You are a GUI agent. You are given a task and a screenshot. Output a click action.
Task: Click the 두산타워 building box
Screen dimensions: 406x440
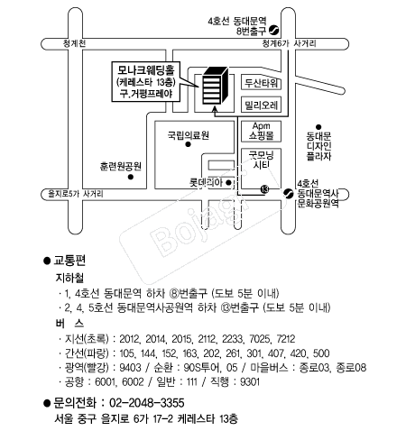tap(261, 82)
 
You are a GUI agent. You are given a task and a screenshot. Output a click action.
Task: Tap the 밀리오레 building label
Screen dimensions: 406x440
tap(261, 105)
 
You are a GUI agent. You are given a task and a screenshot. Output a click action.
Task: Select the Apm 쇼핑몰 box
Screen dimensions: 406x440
tap(261, 131)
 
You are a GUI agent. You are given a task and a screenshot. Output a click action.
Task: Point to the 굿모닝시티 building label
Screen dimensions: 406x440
tap(261, 160)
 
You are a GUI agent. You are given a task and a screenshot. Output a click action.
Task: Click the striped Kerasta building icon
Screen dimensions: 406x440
tap(215, 86)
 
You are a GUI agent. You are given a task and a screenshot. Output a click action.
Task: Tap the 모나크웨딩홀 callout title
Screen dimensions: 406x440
tap(146, 70)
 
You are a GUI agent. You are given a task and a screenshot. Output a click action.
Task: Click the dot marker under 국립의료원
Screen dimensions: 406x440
tap(189, 144)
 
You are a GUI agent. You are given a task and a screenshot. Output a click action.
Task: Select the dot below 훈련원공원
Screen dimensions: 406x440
tap(131, 177)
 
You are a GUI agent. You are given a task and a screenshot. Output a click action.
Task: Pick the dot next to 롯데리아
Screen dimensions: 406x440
tap(228, 182)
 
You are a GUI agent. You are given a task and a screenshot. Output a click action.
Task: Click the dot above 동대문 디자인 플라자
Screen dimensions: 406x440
tap(318, 127)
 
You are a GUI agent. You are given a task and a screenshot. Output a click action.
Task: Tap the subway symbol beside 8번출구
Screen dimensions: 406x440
tap(274, 30)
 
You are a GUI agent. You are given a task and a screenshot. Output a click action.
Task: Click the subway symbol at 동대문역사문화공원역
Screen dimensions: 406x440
tap(289, 193)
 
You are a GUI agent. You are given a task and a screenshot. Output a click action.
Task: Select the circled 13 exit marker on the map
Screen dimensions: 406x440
tap(264, 189)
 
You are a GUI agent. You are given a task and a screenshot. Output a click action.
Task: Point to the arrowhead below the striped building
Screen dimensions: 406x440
tap(215, 109)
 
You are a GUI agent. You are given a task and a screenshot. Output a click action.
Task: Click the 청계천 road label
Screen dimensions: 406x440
tap(74, 43)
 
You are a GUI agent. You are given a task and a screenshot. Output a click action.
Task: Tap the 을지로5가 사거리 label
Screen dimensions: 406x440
tap(76, 194)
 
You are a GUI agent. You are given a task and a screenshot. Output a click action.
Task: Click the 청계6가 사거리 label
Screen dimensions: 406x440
tap(289, 43)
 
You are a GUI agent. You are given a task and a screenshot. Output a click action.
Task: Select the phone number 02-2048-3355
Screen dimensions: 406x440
tap(147, 403)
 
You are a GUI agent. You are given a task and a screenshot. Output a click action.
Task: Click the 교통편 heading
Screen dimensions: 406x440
tap(69, 261)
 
